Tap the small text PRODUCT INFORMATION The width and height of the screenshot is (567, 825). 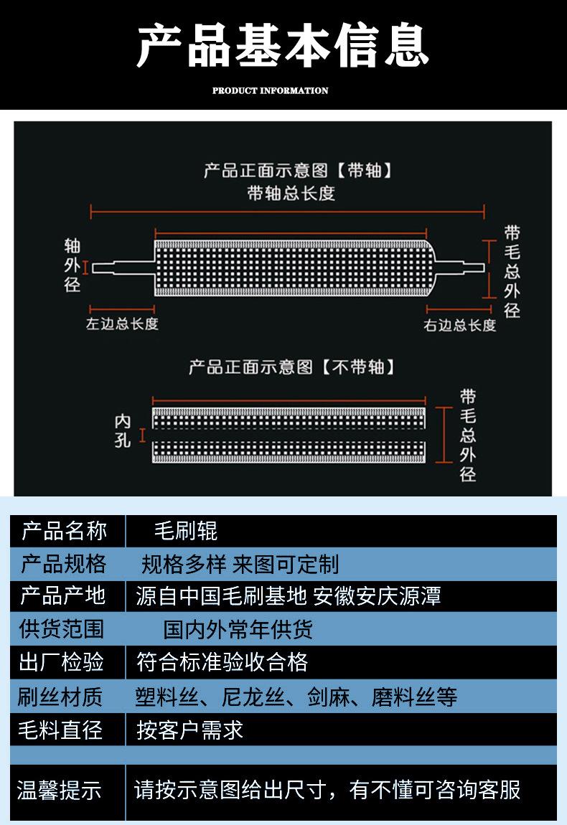[270, 91]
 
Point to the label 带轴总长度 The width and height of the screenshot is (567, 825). [291, 193]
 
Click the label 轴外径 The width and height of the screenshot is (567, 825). [72, 266]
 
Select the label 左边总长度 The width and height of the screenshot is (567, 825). [122, 324]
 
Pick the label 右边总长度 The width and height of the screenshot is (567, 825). [459, 325]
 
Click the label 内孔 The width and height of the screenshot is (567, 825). [123, 431]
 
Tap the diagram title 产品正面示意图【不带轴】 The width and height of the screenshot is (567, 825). [291, 367]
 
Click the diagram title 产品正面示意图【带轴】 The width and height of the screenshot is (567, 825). [299, 171]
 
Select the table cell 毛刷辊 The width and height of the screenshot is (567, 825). [186, 531]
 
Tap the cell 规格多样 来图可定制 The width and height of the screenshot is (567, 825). [240, 565]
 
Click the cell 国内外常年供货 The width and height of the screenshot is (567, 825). [238, 629]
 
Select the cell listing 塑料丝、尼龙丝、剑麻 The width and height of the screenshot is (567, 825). [296, 697]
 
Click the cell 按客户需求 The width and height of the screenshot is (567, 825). [189, 730]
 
